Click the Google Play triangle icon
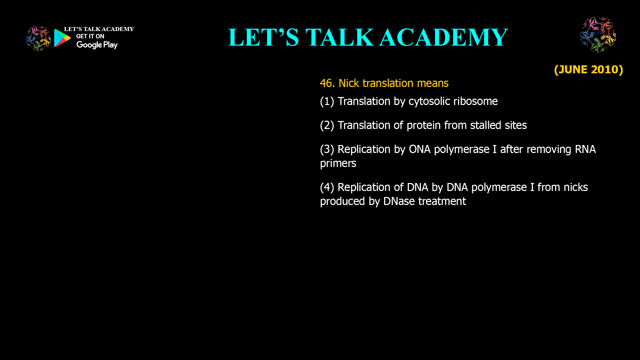(x=62, y=38)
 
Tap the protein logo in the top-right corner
(x=598, y=35)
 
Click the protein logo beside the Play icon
(x=38, y=39)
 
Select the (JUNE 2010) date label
(x=588, y=69)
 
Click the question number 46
(x=327, y=83)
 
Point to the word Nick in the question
(x=349, y=83)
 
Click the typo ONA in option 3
(x=420, y=149)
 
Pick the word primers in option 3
(x=338, y=163)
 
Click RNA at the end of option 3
(x=585, y=149)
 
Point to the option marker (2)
(x=327, y=125)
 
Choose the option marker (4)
(x=327, y=187)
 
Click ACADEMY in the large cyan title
(x=443, y=37)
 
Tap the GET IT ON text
(x=90, y=36)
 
